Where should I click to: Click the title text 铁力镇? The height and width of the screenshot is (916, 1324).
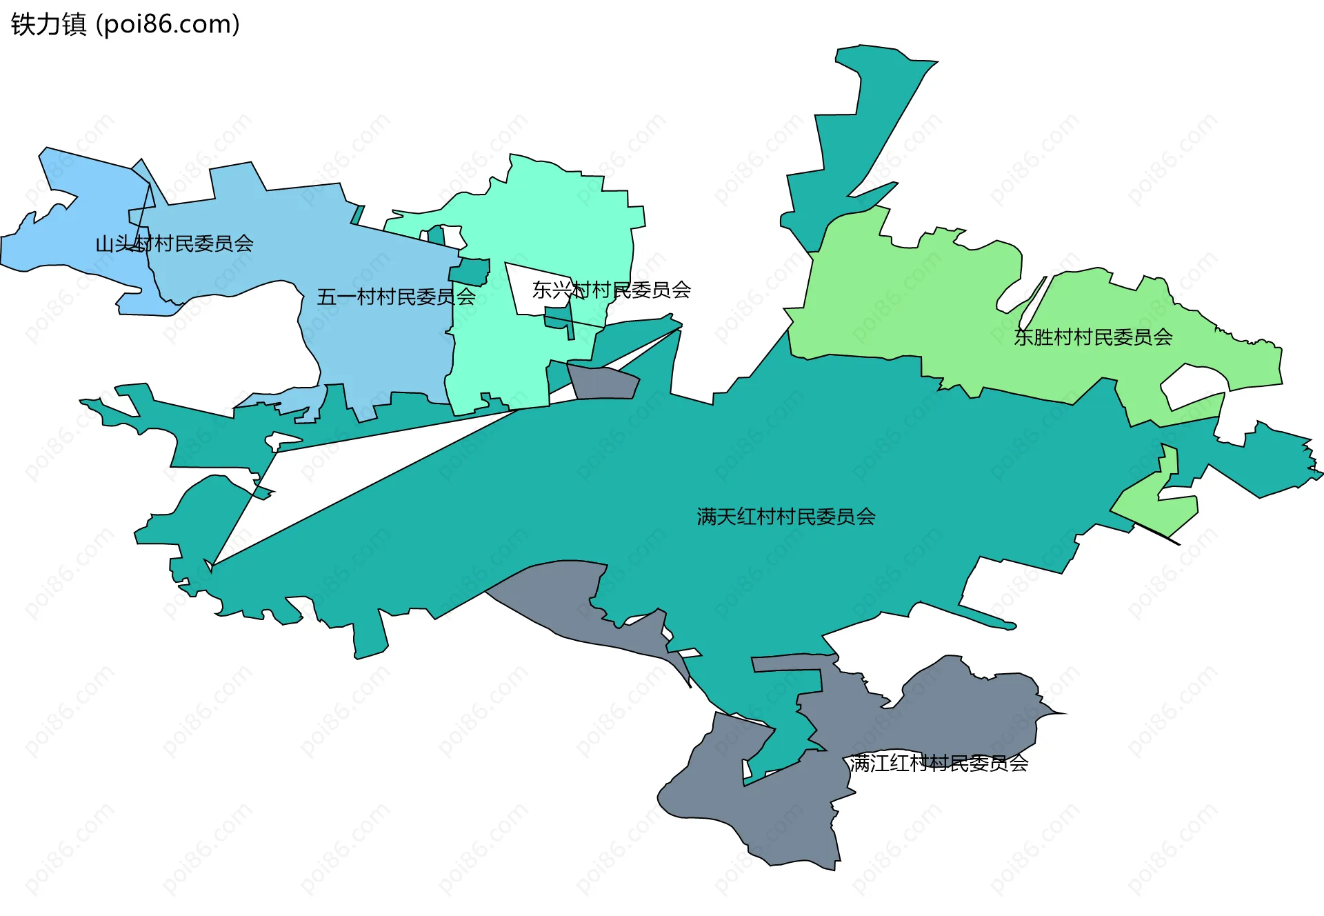[48, 25]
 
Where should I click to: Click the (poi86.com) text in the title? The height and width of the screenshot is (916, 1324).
[168, 25]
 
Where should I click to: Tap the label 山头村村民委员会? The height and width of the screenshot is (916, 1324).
[174, 243]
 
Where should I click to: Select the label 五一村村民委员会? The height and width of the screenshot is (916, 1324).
[396, 297]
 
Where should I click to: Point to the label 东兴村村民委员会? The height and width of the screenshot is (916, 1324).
[611, 290]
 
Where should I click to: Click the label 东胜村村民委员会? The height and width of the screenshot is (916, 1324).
[1093, 337]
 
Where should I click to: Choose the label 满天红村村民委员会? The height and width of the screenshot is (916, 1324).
[786, 517]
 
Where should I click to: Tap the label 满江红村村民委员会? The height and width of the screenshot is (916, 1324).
[939, 764]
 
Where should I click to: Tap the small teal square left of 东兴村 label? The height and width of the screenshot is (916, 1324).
[472, 271]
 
